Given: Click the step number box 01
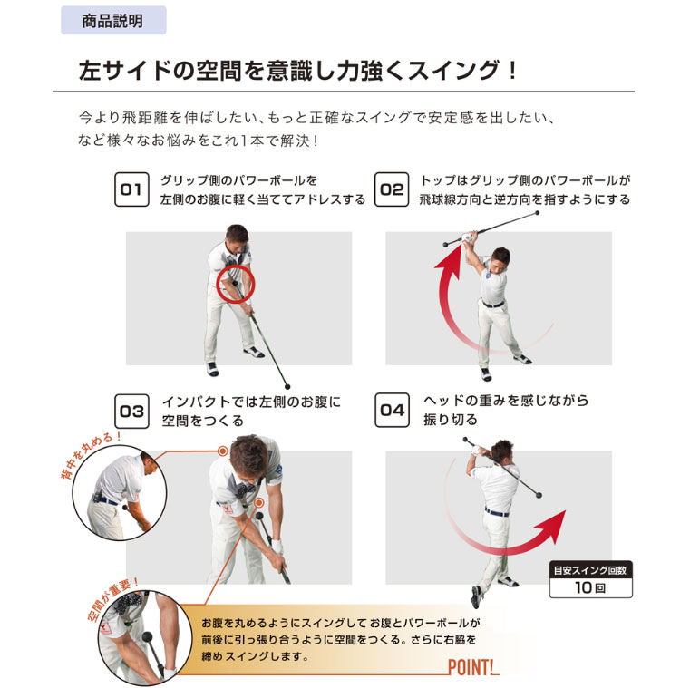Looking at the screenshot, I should [131, 189].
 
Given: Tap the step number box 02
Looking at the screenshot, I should [392, 189].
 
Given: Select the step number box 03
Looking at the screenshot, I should [131, 411].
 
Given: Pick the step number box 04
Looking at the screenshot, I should [392, 411].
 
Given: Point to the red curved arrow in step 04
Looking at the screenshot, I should [508, 535].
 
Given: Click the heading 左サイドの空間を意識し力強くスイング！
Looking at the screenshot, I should [298, 71].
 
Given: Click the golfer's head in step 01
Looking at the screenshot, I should [234, 241].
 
